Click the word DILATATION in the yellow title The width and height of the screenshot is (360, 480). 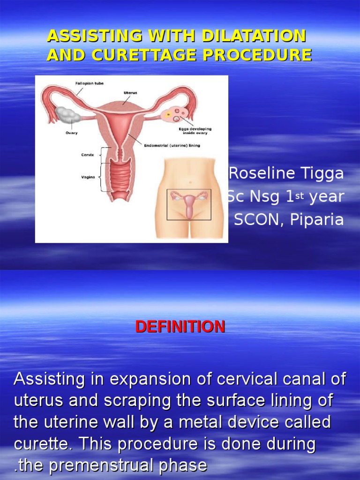click(254, 36)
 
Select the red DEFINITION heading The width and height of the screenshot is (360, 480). click(180, 327)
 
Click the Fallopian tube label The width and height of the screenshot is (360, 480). click(90, 83)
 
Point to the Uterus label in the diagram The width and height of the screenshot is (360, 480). click(130, 93)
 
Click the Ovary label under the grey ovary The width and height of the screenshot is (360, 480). click(72, 133)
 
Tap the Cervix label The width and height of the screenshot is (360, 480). click(88, 155)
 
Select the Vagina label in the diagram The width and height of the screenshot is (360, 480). click(88, 177)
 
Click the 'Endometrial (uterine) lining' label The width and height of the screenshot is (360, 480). click(172, 145)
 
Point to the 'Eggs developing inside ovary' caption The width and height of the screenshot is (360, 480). click(195, 131)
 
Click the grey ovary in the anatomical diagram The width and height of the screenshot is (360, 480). click(68, 114)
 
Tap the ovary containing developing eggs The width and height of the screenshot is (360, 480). click(173, 115)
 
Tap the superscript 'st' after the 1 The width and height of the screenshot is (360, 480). click(300, 195)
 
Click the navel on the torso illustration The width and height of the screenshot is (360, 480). click(190, 182)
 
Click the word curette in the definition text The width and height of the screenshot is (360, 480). click(41, 444)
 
